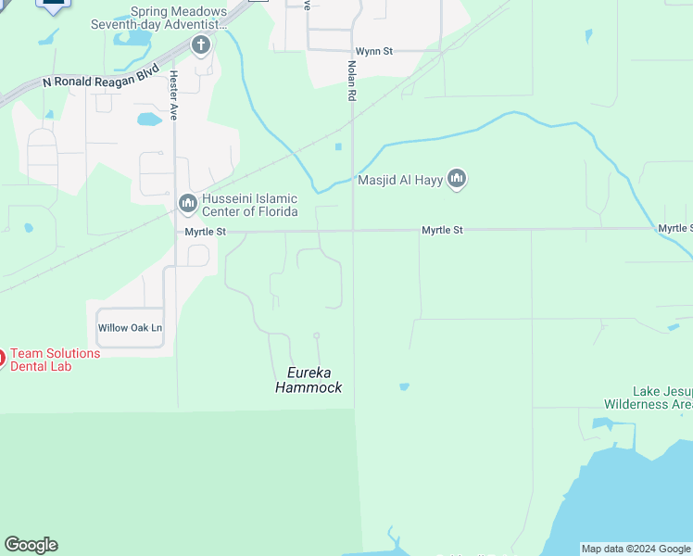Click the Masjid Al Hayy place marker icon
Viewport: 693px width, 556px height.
pos(456,179)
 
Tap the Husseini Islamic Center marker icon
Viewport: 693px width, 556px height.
pos(188,202)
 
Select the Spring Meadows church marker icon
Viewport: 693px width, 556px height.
pos(201,44)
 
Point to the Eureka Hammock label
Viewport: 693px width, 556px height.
pos(309,381)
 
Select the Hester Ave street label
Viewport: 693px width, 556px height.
pos(174,95)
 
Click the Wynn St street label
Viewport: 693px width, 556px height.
pos(374,52)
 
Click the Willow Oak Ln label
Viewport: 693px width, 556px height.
pos(130,328)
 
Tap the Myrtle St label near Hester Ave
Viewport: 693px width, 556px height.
pos(205,232)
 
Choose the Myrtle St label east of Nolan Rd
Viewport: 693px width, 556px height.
pos(442,230)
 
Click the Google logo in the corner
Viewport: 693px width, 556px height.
pos(31,545)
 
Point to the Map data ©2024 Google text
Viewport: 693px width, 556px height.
pos(636,549)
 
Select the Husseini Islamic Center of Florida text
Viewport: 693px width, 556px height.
pos(250,205)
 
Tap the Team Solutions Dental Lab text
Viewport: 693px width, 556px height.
pos(56,360)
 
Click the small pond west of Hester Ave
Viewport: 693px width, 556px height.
pos(149,119)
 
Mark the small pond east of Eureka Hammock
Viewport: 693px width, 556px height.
pos(404,386)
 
